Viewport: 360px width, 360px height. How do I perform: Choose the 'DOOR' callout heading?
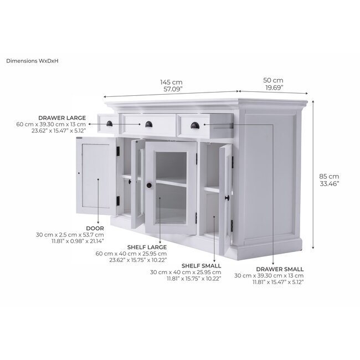(94, 227)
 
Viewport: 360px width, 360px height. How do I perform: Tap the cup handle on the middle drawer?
(149, 124)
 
